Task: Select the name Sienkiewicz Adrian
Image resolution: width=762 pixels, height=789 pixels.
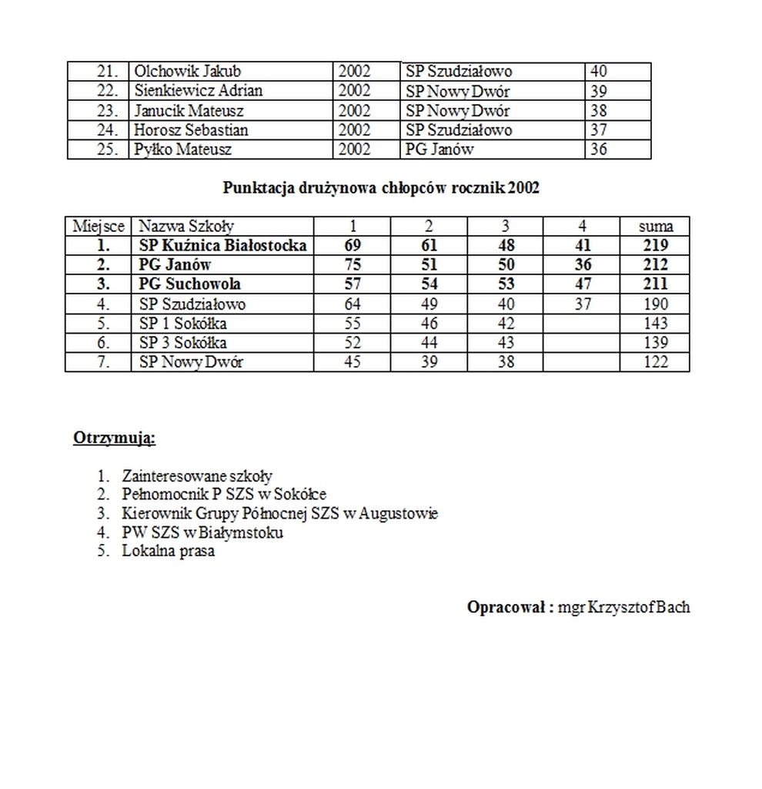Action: click(198, 91)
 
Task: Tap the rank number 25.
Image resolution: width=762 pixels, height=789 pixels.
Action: click(106, 149)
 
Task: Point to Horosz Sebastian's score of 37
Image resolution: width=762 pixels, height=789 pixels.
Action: click(598, 130)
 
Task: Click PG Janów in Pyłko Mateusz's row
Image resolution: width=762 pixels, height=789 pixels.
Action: click(439, 149)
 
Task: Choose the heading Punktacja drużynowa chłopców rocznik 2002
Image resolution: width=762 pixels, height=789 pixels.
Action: click(381, 188)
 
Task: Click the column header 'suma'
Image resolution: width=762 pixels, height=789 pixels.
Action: click(656, 227)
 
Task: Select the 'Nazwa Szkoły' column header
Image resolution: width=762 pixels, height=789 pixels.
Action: click(185, 227)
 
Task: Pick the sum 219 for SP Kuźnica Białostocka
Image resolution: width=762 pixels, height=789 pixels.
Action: click(656, 246)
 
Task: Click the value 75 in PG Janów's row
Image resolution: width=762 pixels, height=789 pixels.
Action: click(352, 265)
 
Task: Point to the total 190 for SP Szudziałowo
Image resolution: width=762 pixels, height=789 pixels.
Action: click(656, 304)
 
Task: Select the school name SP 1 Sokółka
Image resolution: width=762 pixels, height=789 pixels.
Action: click(182, 324)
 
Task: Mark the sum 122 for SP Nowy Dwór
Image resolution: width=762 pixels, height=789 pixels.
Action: click(656, 362)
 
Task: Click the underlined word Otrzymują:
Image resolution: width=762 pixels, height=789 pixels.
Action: click(114, 439)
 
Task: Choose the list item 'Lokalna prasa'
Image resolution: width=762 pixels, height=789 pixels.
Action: click(168, 552)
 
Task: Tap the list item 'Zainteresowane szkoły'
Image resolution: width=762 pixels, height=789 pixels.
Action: click(196, 477)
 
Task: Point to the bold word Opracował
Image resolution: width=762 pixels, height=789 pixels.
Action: click(506, 607)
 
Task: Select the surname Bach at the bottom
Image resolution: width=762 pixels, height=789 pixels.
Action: click(673, 607)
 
